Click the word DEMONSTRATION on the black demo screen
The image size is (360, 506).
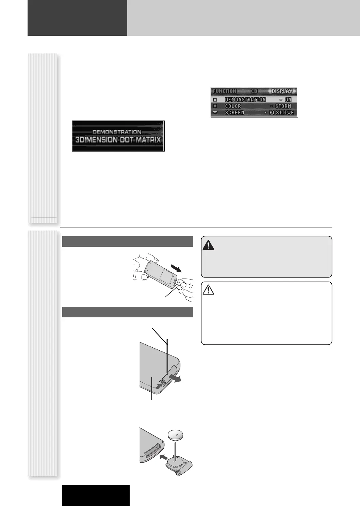pyautogui.click(x=117, y=132)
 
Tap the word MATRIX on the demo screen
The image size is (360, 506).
pyautogui.click(x=148, y=140)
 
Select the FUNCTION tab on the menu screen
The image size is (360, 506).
pyautogui.click(x=224, y=91)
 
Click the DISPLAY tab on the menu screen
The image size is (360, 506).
pyautogui.click(x=282, y=91)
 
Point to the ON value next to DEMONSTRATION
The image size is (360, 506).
pyautogui.click(x=288, y=100)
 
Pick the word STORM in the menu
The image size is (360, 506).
pyautogui.click(x=283, y=106)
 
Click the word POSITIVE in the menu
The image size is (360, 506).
pyautogui.click(x=281, y=113)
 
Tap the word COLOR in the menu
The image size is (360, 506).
pyautogui.click(x=233, y=106)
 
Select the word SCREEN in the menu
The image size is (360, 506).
pyautogui.click(x=234, y=113)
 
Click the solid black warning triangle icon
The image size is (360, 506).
pyautogui.click(x=208, y=245)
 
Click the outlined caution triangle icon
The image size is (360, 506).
pyautogui.click(x=208, y=290)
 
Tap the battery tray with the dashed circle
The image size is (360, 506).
pyautogui.click(x=179, y=463)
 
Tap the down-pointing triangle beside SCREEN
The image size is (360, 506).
pyautogui.click(x=215, y=112)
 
